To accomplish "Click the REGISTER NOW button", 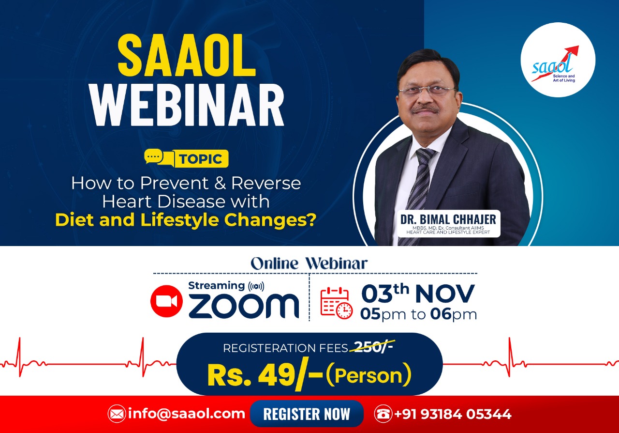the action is (307, 414).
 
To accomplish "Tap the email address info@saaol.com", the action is (187, 414).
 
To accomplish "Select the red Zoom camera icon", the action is (166, 301).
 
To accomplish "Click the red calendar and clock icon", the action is (336, 303).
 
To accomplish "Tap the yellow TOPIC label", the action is (201, 159).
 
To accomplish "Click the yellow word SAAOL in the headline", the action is (187, 55).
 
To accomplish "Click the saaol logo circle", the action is (558, 60).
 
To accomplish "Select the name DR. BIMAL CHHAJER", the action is (448, 219).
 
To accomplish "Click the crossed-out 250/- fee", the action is (372, 348).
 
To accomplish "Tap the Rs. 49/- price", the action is (265, 375).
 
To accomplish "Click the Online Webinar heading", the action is (309, 263).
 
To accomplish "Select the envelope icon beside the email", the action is (117, 414).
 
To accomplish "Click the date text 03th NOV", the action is (418, 293).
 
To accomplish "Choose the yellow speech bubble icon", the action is (158, 158).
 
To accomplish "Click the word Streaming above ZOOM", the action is (216, 286).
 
